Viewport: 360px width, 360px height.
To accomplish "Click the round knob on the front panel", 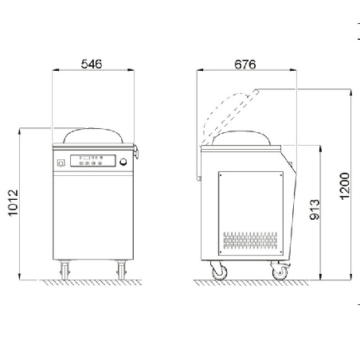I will click(x=122, y=162).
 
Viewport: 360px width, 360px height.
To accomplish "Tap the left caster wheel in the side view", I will click(x=217, y=272).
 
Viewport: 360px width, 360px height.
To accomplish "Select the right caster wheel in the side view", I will click(x=280, y=272).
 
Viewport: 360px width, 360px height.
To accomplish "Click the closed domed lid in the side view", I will click(x=243, y=137).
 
